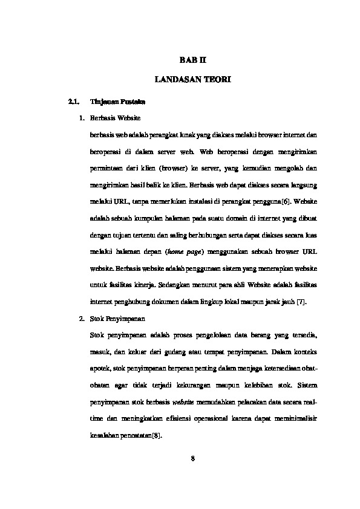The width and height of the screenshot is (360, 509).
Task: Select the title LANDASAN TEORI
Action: pyautogui.click(x=192, y=80)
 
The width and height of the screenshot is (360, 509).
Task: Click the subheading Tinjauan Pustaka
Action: pyautogui.click(x=114, y=101)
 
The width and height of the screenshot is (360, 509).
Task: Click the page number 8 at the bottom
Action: pyautogui.click(x=192, y=458)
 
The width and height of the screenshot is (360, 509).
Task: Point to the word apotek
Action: pyautogui.click(x=99, y=367)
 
